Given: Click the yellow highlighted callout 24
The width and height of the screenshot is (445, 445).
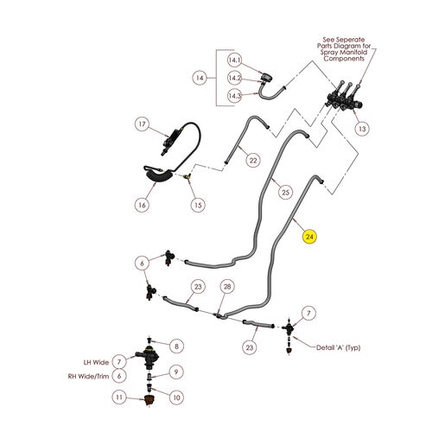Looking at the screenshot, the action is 309,237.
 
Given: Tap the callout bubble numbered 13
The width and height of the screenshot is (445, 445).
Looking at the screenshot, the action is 362,129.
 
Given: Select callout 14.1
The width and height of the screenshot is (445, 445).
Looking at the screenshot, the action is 234,60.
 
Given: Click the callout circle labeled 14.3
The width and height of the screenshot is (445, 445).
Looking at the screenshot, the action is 234,96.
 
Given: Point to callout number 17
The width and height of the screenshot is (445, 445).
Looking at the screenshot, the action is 143,124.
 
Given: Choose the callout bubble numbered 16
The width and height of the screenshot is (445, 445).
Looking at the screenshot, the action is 143,205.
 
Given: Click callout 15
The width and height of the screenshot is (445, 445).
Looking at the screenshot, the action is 198,205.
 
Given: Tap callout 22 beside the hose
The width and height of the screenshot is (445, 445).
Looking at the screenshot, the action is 253,160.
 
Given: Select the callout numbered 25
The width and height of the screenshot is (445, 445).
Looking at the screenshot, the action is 285,192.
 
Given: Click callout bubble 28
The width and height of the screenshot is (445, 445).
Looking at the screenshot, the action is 227,287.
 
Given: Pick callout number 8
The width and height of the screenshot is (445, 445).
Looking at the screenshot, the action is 176,346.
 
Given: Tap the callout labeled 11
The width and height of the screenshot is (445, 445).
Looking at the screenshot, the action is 119,397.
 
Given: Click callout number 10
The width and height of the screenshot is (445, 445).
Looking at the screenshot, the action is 176,397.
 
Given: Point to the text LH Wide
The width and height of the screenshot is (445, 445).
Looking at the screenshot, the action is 96,362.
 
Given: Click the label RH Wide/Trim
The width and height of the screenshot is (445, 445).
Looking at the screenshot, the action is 88,376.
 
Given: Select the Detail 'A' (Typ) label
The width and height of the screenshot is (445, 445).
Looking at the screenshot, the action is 339,347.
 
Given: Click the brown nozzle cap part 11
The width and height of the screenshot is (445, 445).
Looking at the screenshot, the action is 149,400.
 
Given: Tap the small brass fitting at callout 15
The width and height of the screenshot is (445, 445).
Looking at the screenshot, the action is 188,176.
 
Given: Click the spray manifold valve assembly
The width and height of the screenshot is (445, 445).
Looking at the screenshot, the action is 344,99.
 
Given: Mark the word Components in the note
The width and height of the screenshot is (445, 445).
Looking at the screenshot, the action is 344,59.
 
